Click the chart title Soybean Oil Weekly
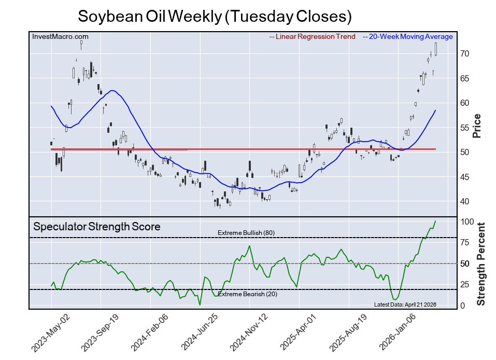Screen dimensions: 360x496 tap(215, 16)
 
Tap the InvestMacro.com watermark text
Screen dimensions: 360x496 tap(60, 37)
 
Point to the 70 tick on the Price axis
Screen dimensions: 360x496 tap(464, 54)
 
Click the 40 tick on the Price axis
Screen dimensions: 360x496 tap(464, 202)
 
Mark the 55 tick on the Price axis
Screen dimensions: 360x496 tap(464, 128)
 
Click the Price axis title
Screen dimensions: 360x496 tap(477, 126)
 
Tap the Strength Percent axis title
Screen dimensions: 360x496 tap(480, 264)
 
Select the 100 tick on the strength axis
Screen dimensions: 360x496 tap(466, 222)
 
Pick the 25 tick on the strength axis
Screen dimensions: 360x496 tap(464, 285)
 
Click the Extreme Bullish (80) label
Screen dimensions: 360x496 tap(246, 233)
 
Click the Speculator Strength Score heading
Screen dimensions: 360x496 tap(97, 227)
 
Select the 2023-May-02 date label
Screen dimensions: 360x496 tap(50, 333)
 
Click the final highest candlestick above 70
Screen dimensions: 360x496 tap(436, 49)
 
